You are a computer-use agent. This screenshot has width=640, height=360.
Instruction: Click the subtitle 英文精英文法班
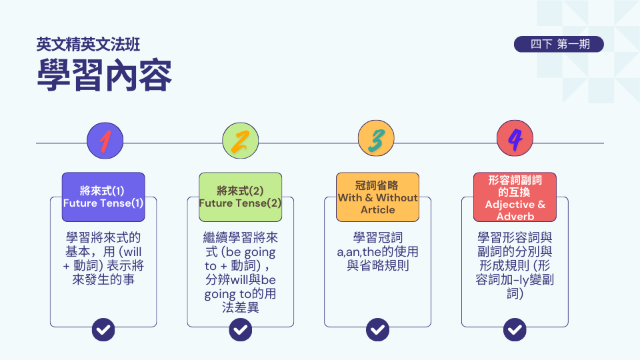pos(89,45)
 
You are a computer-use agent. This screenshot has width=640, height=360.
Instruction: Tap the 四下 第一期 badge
pos(559,45)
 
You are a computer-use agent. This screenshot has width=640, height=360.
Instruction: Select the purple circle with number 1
pos(105,140)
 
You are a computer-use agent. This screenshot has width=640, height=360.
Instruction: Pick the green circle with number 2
pos(241,140)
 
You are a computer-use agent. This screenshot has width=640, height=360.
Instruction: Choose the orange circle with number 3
pos(377,140)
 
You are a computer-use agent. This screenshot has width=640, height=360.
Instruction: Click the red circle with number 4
pos(515,140)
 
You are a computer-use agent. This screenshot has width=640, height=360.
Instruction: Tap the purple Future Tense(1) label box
pos(103,197)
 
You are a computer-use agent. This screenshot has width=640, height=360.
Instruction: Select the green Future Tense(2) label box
pos(241,197)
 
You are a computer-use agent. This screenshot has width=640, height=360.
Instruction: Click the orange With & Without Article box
pos(377,197)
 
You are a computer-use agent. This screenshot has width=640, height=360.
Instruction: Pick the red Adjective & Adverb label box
pos(515,197)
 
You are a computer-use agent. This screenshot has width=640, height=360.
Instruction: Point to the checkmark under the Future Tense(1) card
pos(103,329)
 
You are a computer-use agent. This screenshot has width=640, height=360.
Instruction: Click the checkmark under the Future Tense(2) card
pos(241,329)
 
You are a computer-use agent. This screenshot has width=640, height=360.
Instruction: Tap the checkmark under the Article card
pos(377,329)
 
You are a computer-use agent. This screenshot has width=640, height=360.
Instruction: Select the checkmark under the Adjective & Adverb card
pos(515,329)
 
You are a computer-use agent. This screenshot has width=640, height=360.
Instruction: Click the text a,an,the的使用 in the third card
pos(377,252)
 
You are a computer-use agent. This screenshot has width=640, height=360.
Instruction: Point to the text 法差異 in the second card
pos(241,308)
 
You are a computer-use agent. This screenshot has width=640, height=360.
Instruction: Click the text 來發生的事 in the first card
pos(103,280)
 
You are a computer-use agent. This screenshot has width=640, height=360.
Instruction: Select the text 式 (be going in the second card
pos(241,252)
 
